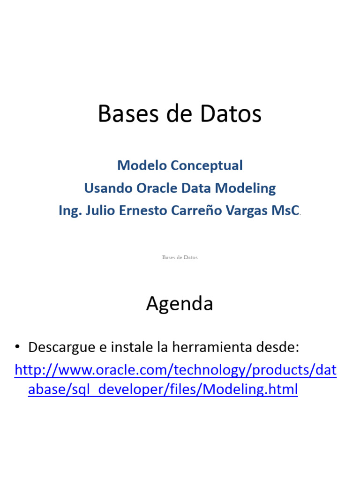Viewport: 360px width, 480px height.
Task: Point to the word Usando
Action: click(x=106, y=188)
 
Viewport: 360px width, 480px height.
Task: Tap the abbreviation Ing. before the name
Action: click(x=68, y=211)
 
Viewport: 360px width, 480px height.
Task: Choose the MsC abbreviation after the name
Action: click(x=285, y=211)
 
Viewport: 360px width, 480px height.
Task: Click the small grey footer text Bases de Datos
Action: click(x=180, y=257)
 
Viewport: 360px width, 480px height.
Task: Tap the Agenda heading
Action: click(x=180, y=304)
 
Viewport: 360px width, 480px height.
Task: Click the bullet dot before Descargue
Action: click(x=17, y=347)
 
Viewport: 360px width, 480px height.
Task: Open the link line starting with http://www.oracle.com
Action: click(x=176, y=370)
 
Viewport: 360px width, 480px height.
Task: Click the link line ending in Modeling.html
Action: click(x=163, y=390)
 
